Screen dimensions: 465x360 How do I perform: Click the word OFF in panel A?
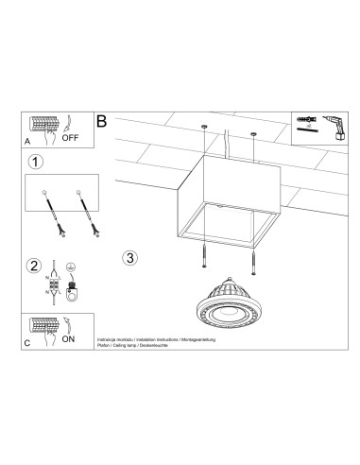[70, 137]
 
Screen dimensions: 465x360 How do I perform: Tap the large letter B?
[102, 123]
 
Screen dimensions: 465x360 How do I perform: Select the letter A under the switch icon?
[28, 140]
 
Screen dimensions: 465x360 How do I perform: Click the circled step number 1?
[35, 162]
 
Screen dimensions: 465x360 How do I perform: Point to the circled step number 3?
[131, 257]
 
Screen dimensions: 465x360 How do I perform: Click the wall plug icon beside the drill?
[301, 121]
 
